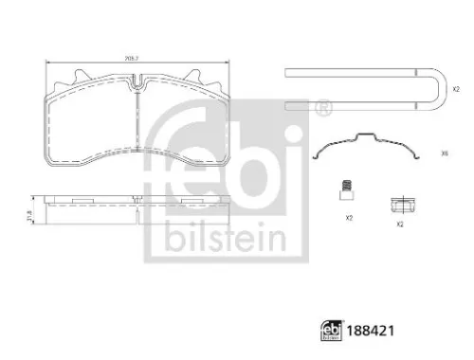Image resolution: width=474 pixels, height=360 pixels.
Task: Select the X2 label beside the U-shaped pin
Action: coord(457,89)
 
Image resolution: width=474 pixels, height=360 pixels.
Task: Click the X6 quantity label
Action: coord(446,153)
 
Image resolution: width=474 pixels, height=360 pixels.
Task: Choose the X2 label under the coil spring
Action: coord(349,219)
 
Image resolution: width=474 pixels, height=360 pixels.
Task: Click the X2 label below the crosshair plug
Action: coord(400,225)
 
